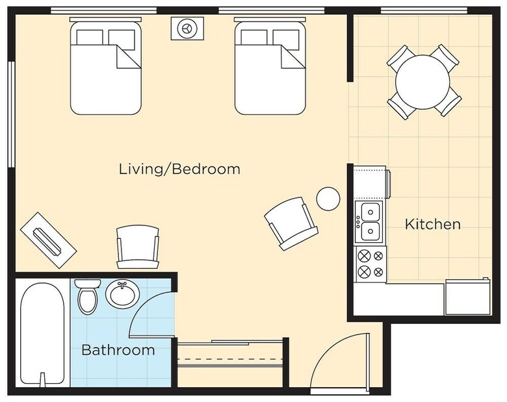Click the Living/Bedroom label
pyautogui.click(x=179, y=170)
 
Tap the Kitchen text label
pyautogui.click(x=433, y=224)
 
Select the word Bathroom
pyautogui.click(x=118, y=350)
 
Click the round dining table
pyautogui.click(x=422, y=82)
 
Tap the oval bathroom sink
pyautogui.click(x=123, y=294)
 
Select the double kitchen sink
pyautogui.click(x=369, y=221)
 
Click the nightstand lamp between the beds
pyautogui.click(x=187, y=29)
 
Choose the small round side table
pyautogui.click(x=328, y=199)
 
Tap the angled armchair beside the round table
pyautogui.click(x=291, y=223)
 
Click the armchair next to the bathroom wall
pyautogui.click(x=138, y=247)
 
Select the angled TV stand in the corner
pyautogui.click(x=49, y=240)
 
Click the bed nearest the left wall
pyautogui.click(x=106, y=66)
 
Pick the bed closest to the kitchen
pyautogui.click(x=270, y=66)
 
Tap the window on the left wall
pyautogui.click(x=12, y=114)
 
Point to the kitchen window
pyautogui.click(x=424, y=10)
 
